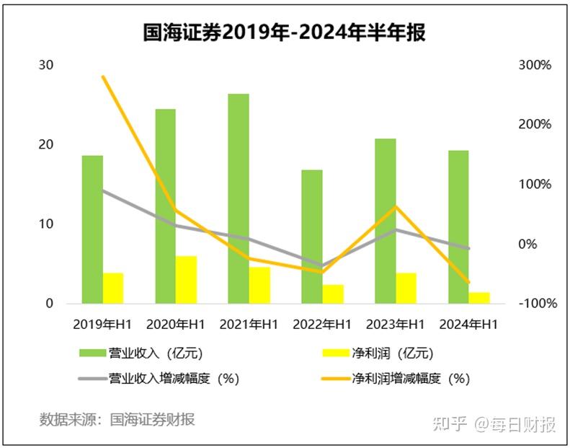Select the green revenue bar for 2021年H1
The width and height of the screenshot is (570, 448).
(x=239, y=198)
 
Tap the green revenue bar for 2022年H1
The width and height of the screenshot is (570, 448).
(x=312, y=237)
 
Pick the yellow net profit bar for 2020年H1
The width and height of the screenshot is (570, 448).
(x=187, y=280)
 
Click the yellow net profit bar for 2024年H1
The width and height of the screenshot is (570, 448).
(x=479, y=298)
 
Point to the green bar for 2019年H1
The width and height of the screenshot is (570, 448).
(x=92, y=229)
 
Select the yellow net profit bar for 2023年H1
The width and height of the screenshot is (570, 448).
(x=406, y=288)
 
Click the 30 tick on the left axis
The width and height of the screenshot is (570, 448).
(x=45, y=65)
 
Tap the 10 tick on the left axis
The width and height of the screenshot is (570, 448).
(x=45, y=224)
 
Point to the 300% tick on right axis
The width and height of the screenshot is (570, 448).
(x=534, y=65)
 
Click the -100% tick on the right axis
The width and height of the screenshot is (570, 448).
(x=537, y=304)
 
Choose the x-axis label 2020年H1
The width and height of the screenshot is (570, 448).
(x=176, y=325)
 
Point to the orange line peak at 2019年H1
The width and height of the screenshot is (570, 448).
(x=103, y=76)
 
